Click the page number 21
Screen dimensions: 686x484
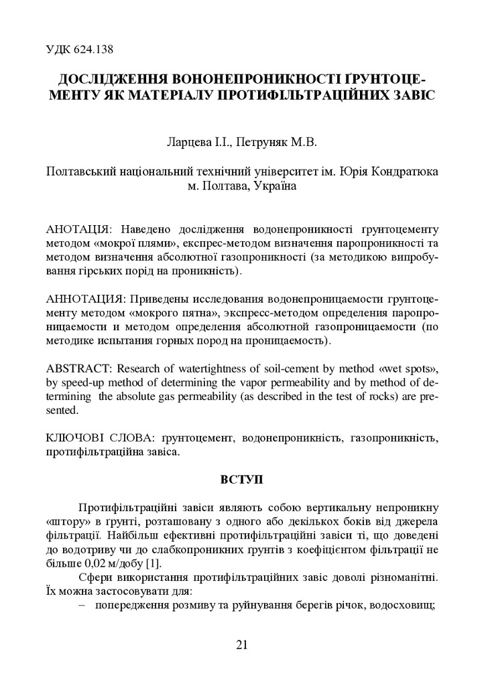[242, 645]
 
